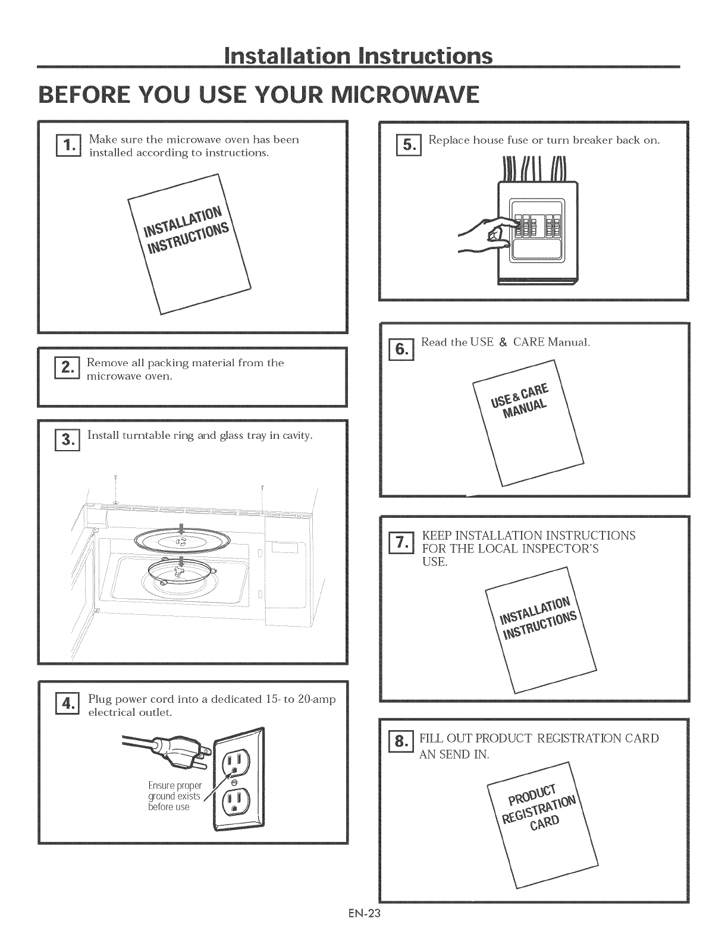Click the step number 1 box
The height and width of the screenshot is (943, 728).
[x=68, y=146]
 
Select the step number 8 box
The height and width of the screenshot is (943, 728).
[x=401, y=741]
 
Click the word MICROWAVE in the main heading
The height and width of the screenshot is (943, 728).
[x=405, y=95]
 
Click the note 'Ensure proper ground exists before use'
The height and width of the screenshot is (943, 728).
[x=174, y=796]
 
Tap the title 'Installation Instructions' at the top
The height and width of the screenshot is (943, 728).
[x=359, y=56]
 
